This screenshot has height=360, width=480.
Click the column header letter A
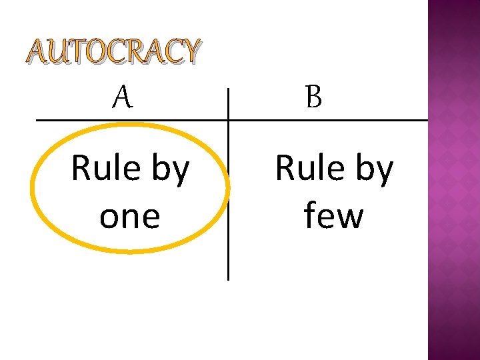[122, 99]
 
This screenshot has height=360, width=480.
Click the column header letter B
[314, 99]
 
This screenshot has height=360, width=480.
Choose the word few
[333, 216]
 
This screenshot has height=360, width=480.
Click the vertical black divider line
[228, 200]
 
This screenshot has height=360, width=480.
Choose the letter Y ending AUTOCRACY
[188, 52]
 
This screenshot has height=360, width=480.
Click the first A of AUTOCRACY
[37, 52]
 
